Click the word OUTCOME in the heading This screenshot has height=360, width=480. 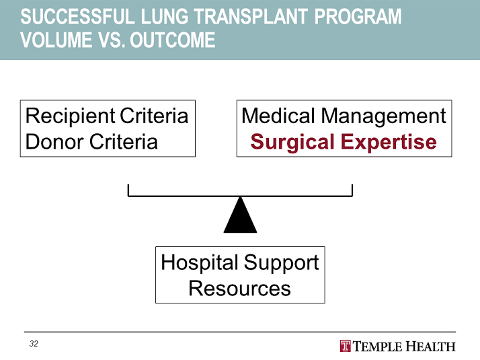coord(173,40)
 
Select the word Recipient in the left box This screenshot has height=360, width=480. coord(70,116)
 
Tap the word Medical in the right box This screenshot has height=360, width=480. coord(278,116)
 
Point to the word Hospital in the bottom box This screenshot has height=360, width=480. coord(199,262)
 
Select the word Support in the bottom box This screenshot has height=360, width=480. coord(281,262)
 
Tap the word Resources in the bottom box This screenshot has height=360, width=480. coord(239,288)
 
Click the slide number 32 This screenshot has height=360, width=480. coord(34,344)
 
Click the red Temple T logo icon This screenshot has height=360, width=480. coord(346,347)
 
